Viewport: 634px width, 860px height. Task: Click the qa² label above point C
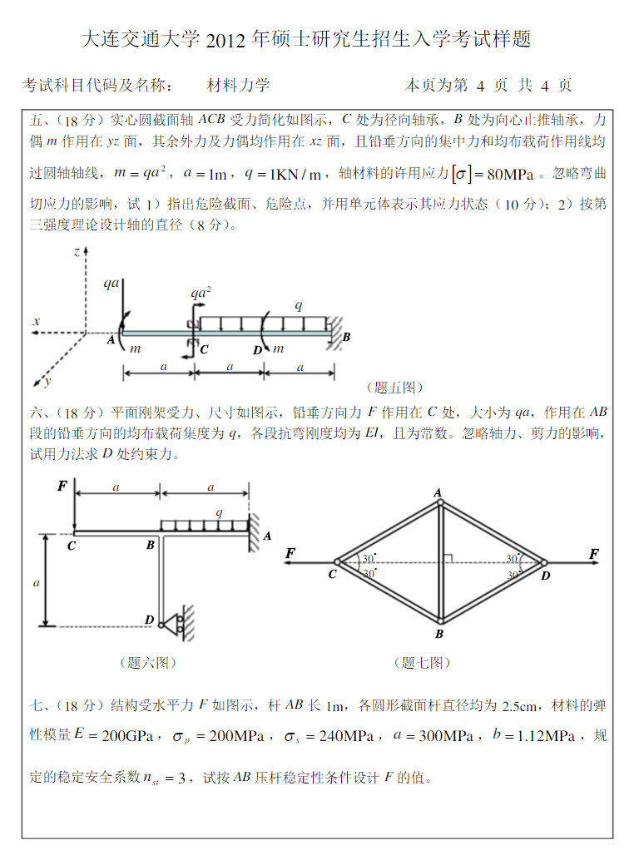(200, 293)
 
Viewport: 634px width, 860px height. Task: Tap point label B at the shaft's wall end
(346, 337)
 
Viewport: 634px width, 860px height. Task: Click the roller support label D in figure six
(150, 620)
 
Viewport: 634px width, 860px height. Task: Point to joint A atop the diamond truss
(438, 493)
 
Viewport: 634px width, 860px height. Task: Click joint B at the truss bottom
(438, 634)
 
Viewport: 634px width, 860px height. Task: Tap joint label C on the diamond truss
(332, 575)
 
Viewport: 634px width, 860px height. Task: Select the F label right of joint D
(594, 554)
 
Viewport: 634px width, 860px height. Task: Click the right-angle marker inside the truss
(448, 558)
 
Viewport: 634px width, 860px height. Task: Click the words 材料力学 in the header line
(238, 85)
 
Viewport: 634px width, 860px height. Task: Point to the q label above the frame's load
(219, 512)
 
